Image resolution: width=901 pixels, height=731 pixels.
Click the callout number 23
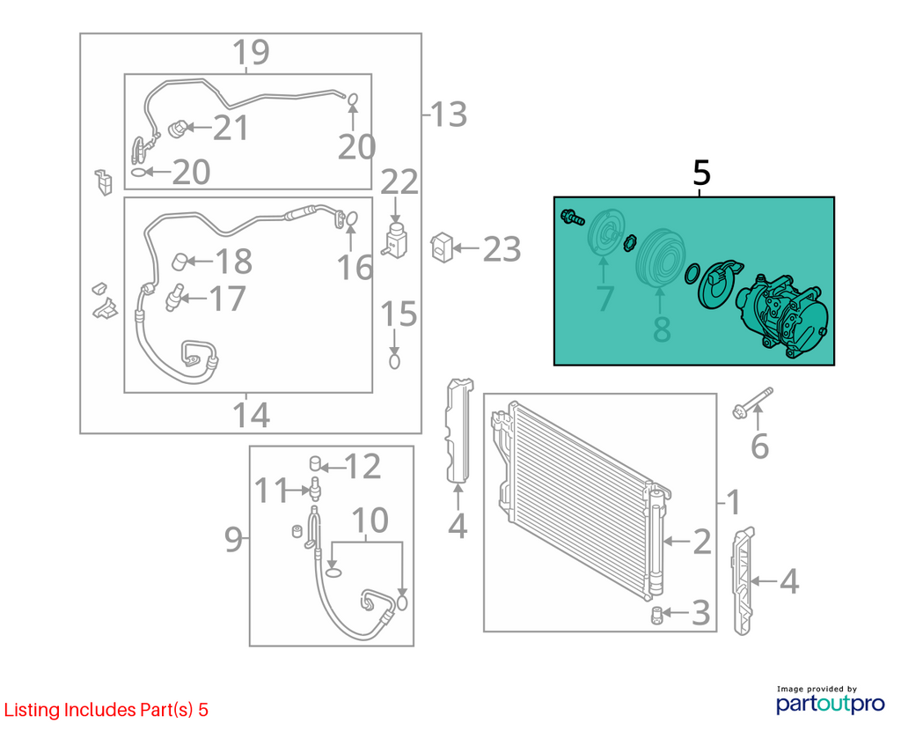[x=502, y=249]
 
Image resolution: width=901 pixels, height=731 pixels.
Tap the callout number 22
[x=399, y=183]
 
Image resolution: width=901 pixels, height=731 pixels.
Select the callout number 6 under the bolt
[x=759, y=447]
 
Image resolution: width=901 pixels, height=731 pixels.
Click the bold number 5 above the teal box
[x=701, y=173]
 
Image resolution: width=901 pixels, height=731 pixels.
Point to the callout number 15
[x=399, y=314]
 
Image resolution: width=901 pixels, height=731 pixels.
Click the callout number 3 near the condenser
[x=700, y=612]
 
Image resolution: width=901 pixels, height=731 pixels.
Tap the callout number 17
[x=228, y=299]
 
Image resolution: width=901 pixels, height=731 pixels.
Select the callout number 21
[x=231, y=128]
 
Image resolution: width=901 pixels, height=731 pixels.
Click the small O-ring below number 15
[x=394, y=362]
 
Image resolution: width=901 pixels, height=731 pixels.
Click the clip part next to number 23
[x=442, y=247]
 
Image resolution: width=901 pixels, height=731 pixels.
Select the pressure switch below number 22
[x=396, y=240]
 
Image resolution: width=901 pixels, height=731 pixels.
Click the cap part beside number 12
[x=315, y=463]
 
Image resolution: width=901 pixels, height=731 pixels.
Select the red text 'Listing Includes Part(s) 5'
[x=106, y=710]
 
